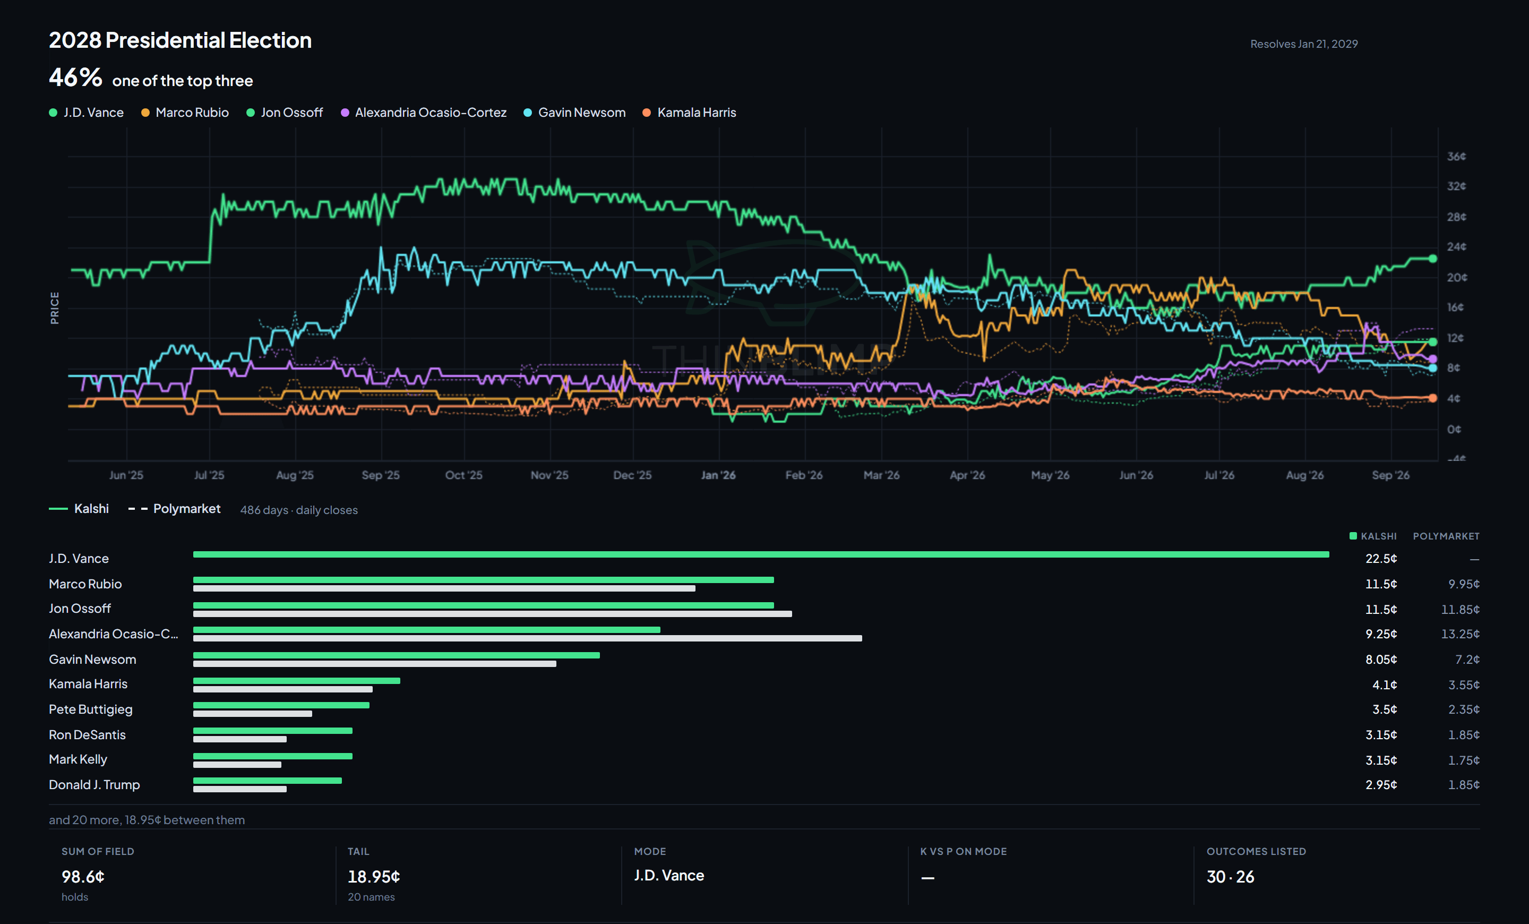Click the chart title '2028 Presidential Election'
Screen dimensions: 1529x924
(x=180, y=40)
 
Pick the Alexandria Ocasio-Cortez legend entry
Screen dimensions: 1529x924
(x=424, y=113)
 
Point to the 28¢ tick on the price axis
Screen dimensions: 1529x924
(x=1456, y=217)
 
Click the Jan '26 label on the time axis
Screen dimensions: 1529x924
(x=718, y=475)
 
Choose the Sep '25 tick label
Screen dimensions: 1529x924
(x=380, y=475)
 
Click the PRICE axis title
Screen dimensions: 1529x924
(x=55, y=308)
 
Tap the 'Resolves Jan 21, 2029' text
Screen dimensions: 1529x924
(x=1304, y=44)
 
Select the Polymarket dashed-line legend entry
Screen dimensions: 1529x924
(x=174, y=509)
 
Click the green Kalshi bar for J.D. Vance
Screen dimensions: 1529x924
(x=761, y=554)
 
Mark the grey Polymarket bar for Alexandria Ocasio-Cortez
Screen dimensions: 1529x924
(x=528, y=638)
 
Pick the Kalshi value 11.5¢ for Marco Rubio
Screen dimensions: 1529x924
(x=1381, y=584)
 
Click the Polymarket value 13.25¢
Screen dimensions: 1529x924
(x=1459, y=634)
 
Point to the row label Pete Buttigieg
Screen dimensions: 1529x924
(x=91, y=709)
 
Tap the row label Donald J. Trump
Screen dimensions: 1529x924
(x=95, y=785)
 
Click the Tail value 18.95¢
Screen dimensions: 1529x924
(x=374, y=877)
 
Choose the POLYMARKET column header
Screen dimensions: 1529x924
(x=1446, y=536)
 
